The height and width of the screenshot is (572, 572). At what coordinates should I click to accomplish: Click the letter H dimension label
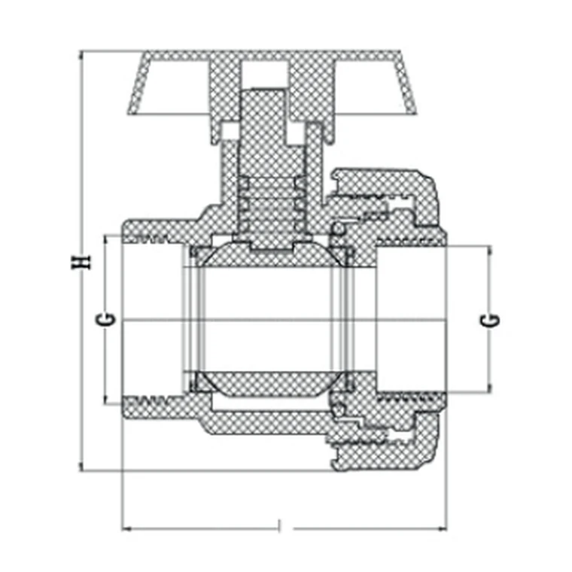click(81, 262)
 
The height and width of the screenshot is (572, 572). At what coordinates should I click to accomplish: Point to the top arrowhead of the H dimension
click(81, 55)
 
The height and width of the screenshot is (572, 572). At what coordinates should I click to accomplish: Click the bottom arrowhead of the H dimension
click(81, 467)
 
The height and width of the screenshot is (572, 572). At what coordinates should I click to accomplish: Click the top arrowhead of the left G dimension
click(106, 240)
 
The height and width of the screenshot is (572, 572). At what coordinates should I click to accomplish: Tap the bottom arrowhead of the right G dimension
click(489, 388)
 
